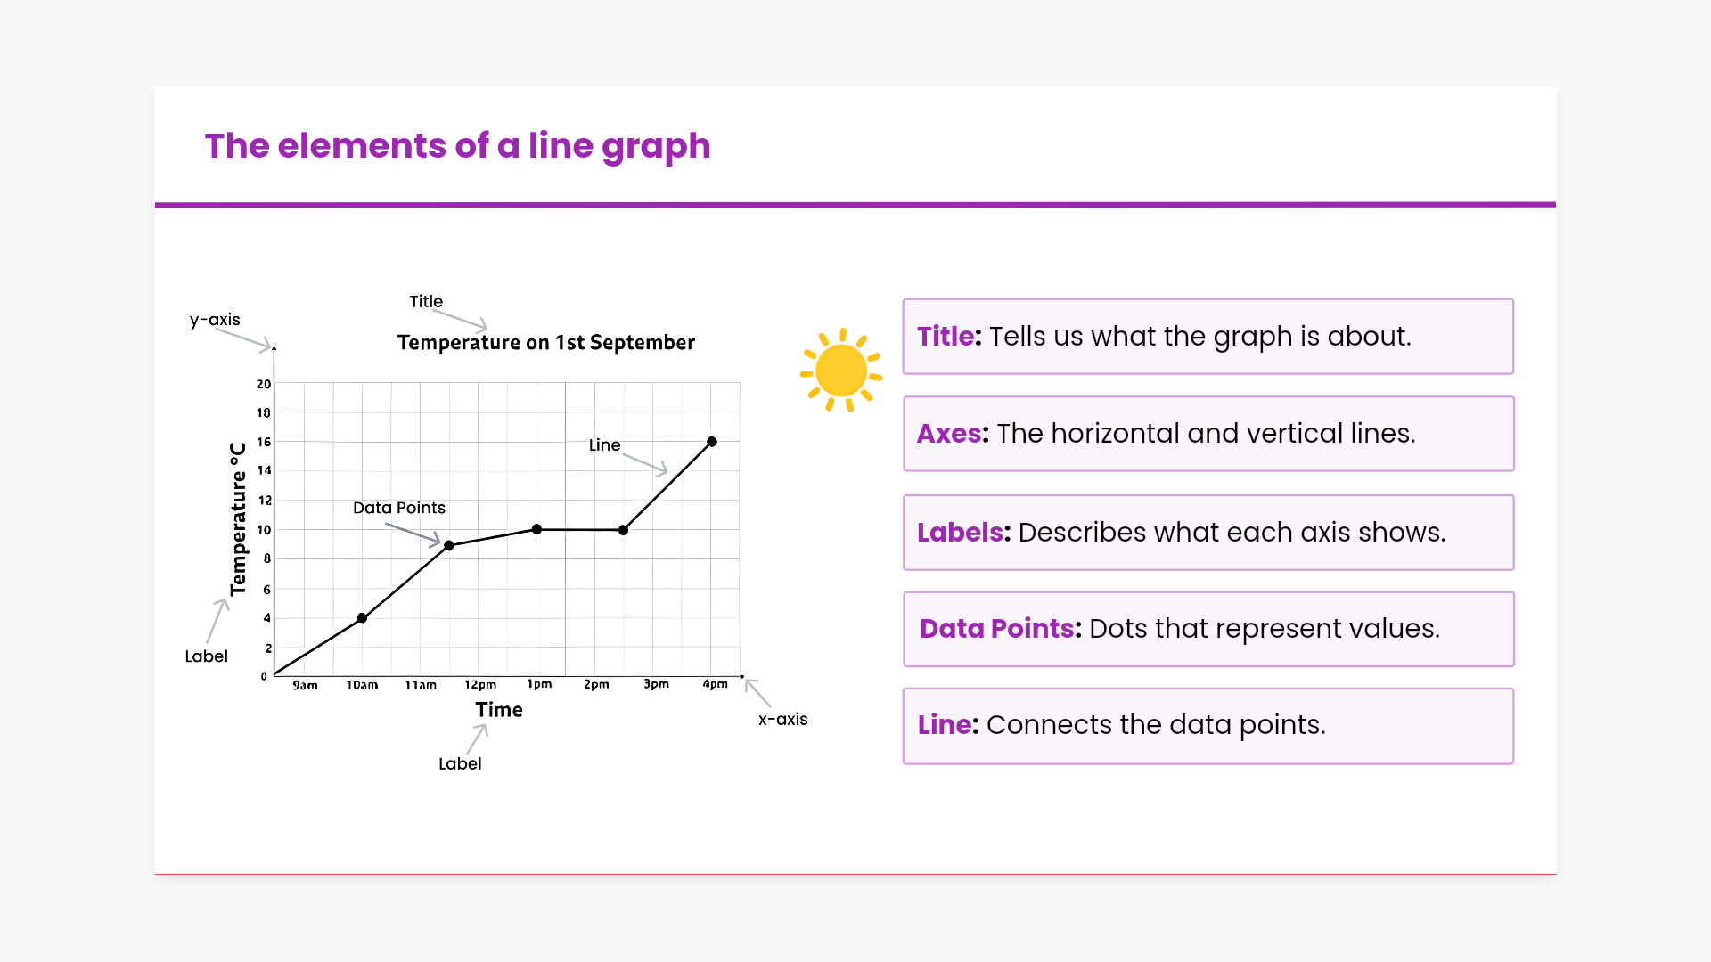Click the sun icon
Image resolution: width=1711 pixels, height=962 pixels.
(841, 371)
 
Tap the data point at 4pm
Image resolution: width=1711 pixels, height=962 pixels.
(712, 442)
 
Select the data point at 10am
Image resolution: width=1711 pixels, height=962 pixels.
(362, 618)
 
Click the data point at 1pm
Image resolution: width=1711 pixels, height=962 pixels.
(536, 530)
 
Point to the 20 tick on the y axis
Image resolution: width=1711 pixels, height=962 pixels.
(264, 384)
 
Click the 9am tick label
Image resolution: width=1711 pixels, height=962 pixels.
(305, 685)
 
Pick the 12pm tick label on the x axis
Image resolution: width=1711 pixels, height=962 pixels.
(480, 685)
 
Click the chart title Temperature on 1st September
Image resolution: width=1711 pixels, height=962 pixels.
(546, 343)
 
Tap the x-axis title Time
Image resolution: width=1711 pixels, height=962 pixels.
(499, 710)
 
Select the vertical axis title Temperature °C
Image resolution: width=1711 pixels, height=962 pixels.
(238, 519)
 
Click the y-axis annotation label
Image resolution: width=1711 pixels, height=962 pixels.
(215, 320)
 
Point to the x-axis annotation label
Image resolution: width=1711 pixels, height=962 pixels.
(783, 720)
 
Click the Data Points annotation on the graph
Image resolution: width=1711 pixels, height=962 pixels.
(399, 508)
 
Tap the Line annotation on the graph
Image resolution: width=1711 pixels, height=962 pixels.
(604, 444)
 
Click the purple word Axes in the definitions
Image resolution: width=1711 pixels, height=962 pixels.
(949, 434)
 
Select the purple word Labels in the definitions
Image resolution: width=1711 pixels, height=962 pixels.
(960, 533)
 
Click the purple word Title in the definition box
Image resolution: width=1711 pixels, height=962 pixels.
(946, 337)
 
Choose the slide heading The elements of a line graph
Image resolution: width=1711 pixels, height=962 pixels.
(458, 146)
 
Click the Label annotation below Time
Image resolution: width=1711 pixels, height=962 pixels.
(460, 764)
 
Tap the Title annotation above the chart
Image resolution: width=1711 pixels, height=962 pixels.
(426, 302)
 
